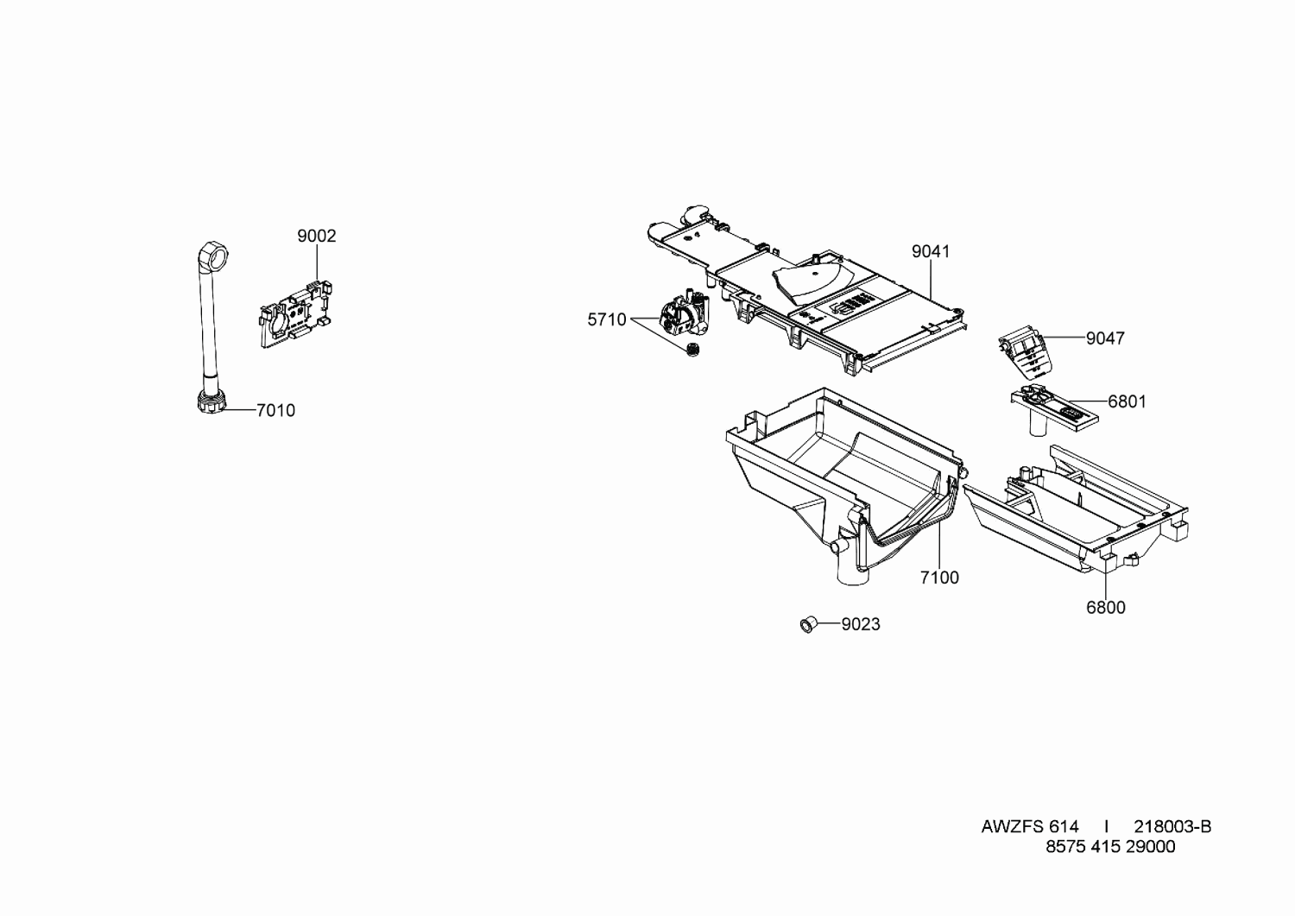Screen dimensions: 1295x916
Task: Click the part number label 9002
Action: [x=316, y=236]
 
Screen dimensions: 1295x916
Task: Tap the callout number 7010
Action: [x=275, y=411]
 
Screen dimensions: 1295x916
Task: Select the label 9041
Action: [x=931, y=251]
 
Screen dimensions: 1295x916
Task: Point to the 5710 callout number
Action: [x=607, y=319]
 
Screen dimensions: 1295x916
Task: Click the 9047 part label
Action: [x=1105, y=338]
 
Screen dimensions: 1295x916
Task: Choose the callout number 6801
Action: [x=1127, y=401]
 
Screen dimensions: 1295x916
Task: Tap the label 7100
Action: [x=939, y=577]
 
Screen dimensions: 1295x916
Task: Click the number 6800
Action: [x=1106, y=608]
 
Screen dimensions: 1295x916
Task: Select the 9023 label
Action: [x=861, y=624]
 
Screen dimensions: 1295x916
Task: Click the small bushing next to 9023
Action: [x=807, y=624]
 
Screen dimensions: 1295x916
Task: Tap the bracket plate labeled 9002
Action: [x=297, y=314]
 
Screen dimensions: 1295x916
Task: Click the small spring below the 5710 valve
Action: [x=691, y=349]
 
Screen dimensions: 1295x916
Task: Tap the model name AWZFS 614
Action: [x=1030, y=827]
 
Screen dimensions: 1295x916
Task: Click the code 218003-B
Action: [x=1172, y=827]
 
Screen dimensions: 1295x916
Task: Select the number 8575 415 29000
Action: [x=1110, y=847]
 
